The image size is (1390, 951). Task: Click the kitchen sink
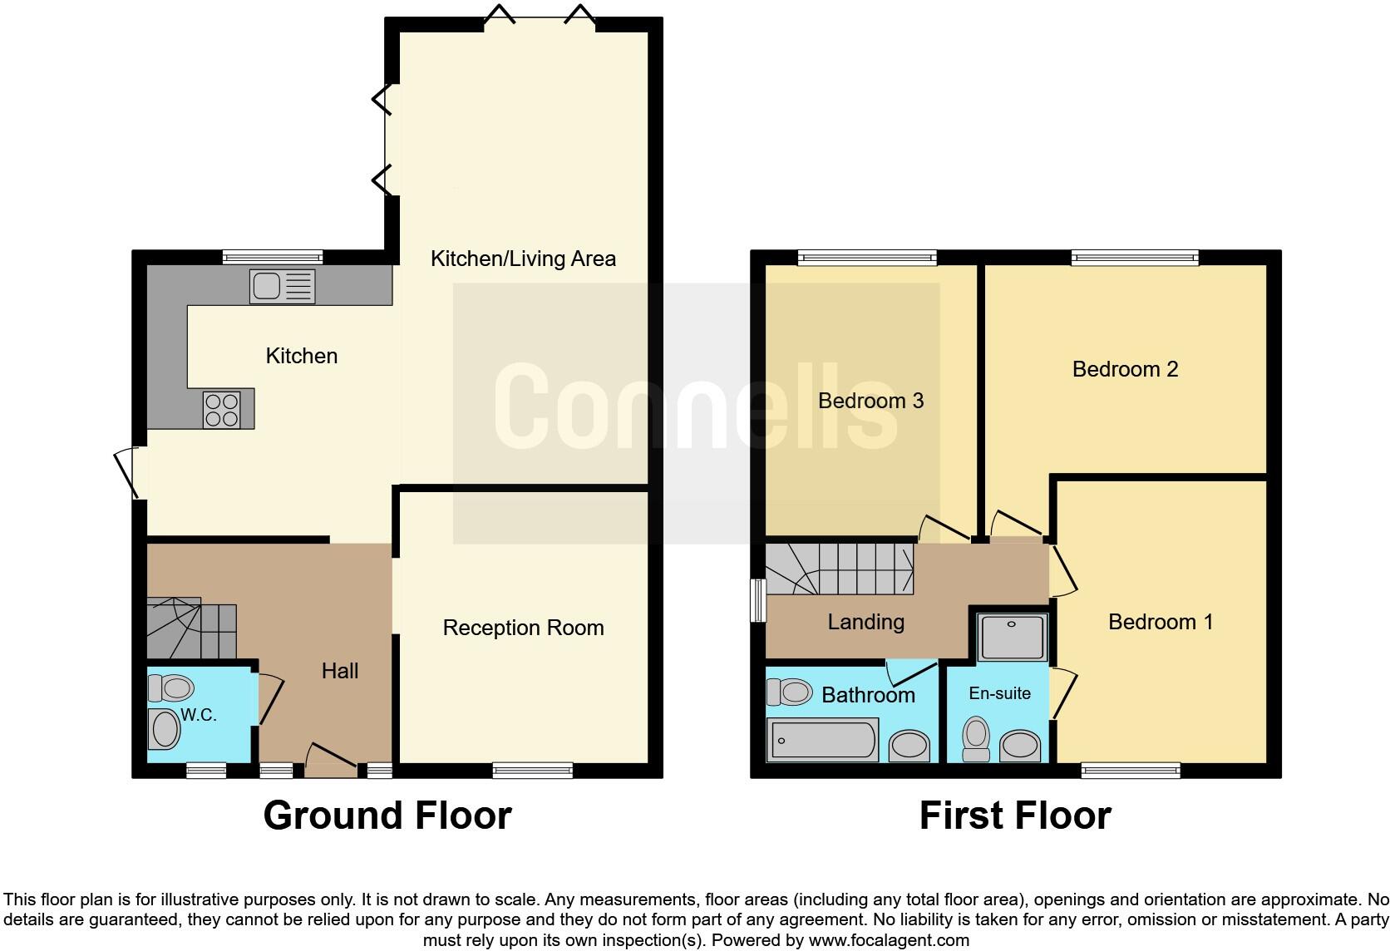282,287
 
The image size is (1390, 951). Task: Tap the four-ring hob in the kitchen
221,409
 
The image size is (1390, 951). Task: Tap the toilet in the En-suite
976,738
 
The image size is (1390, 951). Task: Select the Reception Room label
523,628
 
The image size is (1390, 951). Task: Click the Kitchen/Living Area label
523,259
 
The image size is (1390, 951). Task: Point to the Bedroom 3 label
870,401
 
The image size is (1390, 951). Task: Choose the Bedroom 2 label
1125,369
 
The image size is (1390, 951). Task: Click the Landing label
865,622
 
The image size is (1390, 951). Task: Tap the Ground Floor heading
387,815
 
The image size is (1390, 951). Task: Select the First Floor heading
1015,815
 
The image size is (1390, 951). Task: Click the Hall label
340,671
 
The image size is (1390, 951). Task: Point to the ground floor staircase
190,628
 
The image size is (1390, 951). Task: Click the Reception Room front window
532,771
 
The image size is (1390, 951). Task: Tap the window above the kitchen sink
273,257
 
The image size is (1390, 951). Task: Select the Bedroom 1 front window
1131,771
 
